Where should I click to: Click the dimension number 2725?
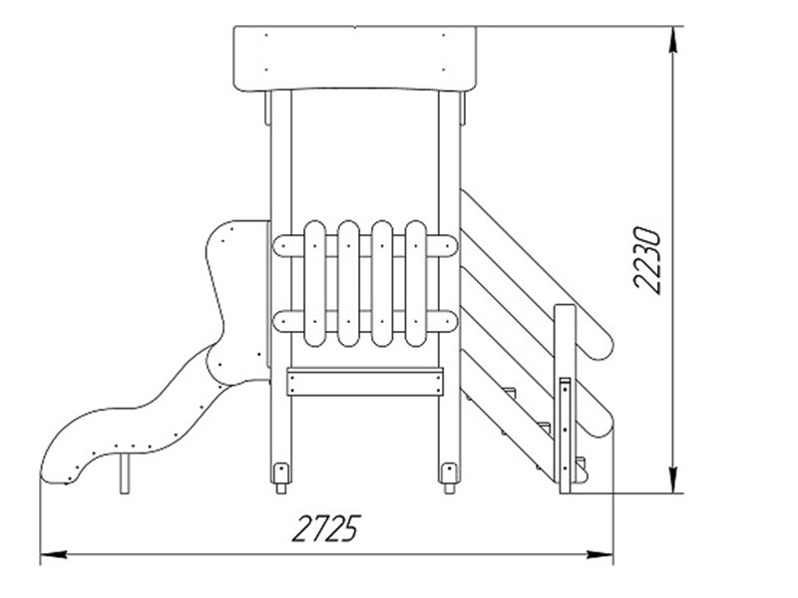(326, 528)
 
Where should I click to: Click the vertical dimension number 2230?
(646, 260)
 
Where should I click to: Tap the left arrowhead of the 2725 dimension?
(54, 554)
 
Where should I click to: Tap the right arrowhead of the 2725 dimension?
(600, 554)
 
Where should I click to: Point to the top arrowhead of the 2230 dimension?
(672, 39)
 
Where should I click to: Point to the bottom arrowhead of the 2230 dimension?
(672, 479)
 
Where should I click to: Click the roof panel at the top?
(355, 59)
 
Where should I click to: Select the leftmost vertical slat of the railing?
(314, 283)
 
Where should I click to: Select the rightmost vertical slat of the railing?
(416, 283)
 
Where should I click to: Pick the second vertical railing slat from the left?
(348, 283)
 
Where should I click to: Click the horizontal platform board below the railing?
(365, 383)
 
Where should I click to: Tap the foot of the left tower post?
(281, 478)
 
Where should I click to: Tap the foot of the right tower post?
(450, 478)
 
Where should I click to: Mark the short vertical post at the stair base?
(565, 436)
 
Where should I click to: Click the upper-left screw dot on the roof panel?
(266, 35)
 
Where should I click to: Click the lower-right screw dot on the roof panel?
(443, 70)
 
